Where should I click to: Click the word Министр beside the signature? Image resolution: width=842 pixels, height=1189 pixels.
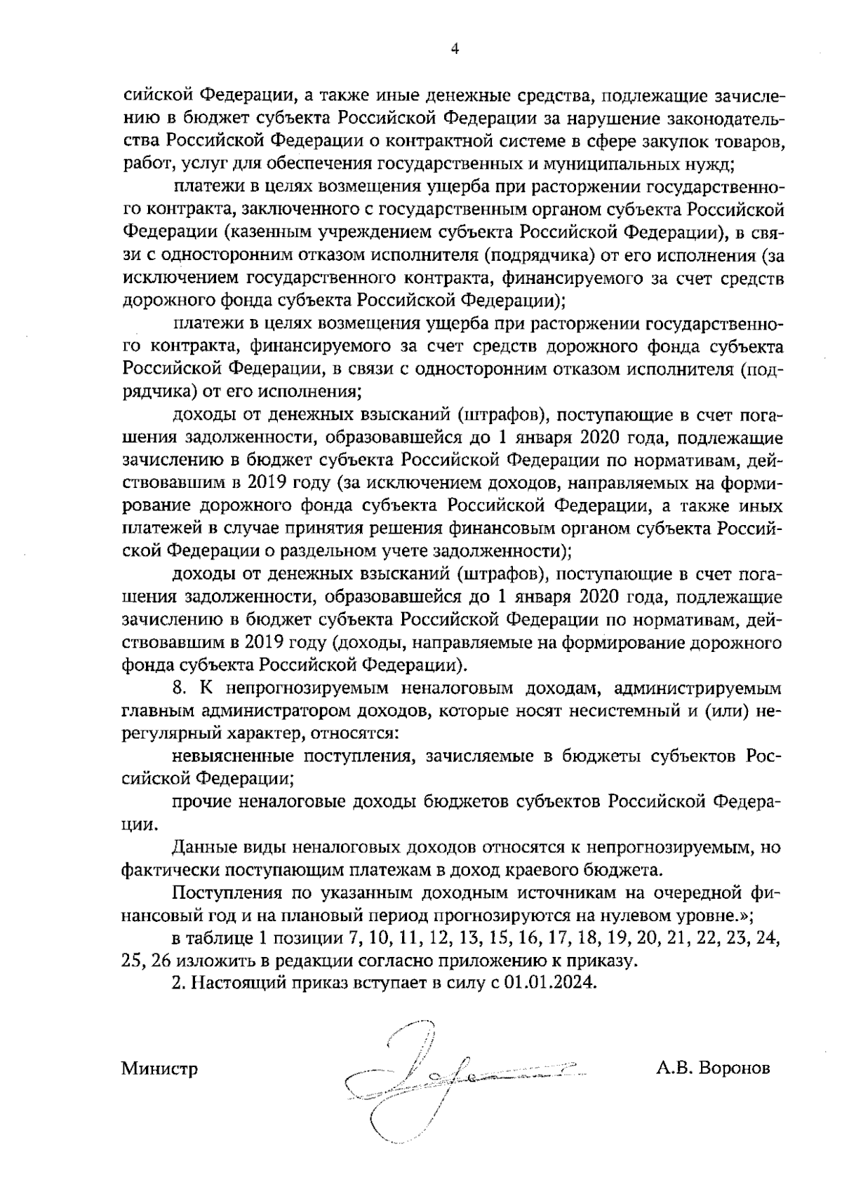point(159,1069)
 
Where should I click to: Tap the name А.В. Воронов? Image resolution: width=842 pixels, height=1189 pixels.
point(714,1069)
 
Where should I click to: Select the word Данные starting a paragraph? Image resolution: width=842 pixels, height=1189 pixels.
point(199,848)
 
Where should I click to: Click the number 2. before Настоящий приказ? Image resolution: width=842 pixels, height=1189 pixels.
point(178,982)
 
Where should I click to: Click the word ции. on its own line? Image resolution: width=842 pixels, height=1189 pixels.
point(136,825)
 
